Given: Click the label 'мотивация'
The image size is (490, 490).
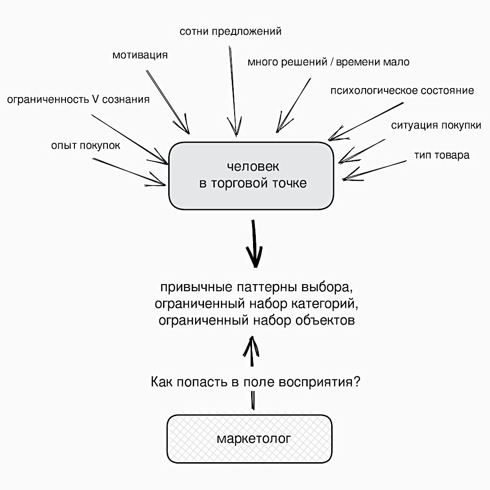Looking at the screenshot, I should tap(140, 55).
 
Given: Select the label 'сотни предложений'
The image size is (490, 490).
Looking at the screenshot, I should tap(230, 32).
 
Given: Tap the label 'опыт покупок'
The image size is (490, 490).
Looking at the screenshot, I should tap(86, 146).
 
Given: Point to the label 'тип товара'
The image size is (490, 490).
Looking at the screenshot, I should tap(441, 155).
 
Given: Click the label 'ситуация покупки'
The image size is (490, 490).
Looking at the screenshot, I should tap(436, 125).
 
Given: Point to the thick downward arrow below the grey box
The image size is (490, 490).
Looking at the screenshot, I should tap(255, 245).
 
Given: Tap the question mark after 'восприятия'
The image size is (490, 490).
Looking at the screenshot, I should tap(357, 382).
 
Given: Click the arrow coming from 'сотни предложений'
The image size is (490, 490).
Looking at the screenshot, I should tap(233, 90).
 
